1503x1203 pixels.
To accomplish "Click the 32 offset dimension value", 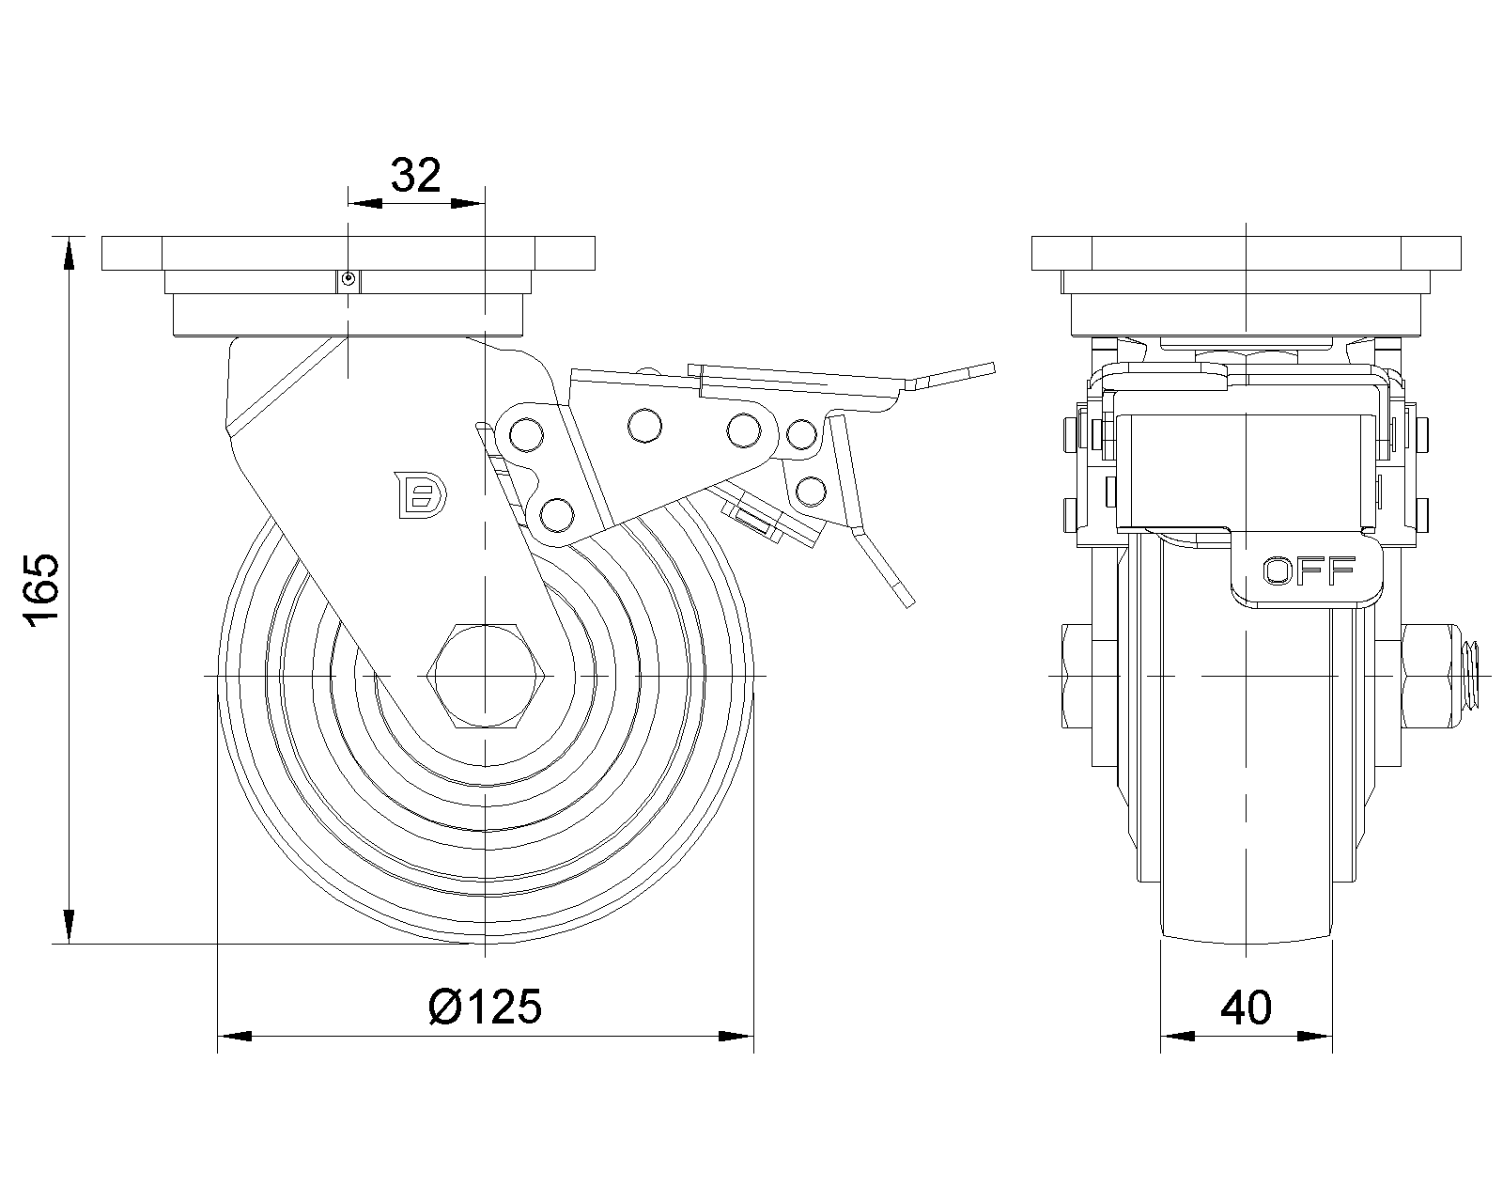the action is tap(416, 175).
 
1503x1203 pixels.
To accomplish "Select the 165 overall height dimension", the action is tap(42, 590).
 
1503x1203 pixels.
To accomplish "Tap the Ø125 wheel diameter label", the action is tap(486, 1007).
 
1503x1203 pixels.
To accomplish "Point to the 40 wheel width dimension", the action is tap(1247, 1008).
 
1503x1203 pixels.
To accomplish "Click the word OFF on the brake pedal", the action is tap(1309, 571).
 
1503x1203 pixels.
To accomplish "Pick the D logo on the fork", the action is tap(422, 495).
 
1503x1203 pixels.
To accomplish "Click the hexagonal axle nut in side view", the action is tap(486, 676).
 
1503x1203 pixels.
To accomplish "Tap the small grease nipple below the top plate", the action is tap(348, 280).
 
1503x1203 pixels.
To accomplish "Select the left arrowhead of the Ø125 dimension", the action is tap(235, 1036).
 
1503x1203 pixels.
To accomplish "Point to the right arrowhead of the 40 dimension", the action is tap(1315, 1036).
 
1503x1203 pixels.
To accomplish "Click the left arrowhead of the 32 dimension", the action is tap(365, 203).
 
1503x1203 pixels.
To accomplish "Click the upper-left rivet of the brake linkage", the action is tap(527, 435).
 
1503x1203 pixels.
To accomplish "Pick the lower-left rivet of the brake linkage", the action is tap(557, 515).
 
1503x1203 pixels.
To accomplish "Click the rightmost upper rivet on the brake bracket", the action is tap(802, 435).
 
